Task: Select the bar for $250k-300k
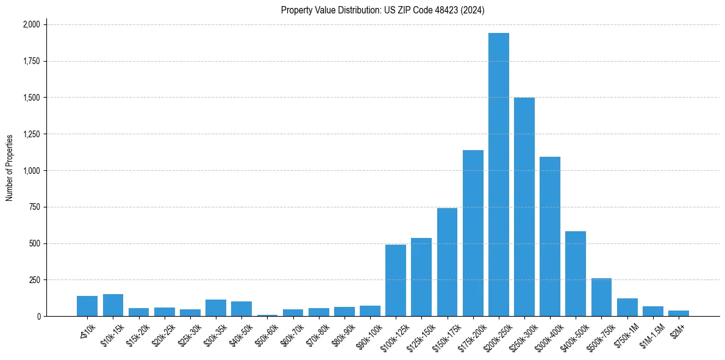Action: point(524,207)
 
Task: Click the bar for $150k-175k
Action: point(447,262)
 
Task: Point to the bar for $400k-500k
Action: point(576,274)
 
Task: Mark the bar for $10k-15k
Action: point(113,305)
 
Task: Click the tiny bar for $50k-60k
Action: point(267,315)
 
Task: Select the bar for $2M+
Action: point(678,313)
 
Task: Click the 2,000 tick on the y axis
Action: point(31,24)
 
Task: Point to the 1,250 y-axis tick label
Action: point(31,134)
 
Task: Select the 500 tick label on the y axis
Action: point(35,243)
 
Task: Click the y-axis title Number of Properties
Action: point(10,168)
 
